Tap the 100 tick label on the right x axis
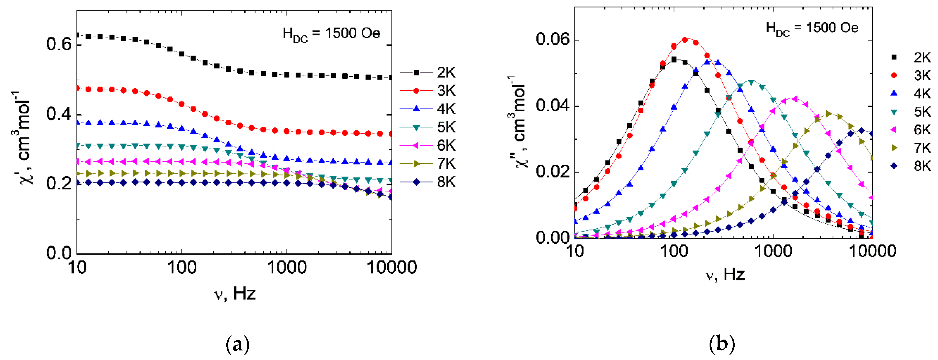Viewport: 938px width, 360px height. (x=673, y=251)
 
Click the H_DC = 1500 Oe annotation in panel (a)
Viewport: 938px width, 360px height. (x=331, y=34)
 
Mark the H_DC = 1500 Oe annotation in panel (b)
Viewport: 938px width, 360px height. (x=812, y=28)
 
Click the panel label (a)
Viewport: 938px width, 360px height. (x=238, y=344)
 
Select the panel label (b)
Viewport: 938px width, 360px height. (x=722, y=344)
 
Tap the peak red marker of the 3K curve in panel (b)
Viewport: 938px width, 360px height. (x=685, y=40)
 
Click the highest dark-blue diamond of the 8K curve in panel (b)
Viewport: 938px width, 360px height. (x=861, y=130)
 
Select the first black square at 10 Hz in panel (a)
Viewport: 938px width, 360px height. (x=77, y=35)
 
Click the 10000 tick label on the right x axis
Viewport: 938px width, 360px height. (x=872, y=251)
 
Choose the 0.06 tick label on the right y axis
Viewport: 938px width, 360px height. (x=553, y=39)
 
